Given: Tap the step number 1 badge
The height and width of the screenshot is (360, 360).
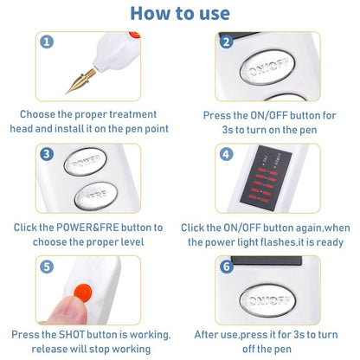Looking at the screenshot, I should [x=47, y=42].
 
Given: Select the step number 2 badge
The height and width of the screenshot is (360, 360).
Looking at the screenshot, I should [x=226, y=42].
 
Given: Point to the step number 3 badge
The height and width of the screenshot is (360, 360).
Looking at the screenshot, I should [x=47, y=154].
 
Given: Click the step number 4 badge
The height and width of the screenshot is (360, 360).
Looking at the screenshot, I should [x=226, y=154].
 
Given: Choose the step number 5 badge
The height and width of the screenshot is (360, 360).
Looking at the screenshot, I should [x=47, y=267].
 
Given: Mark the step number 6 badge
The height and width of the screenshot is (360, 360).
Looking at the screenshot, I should [x=226, y=267].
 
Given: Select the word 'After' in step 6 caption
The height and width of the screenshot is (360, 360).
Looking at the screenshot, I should [x=211, y=334].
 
